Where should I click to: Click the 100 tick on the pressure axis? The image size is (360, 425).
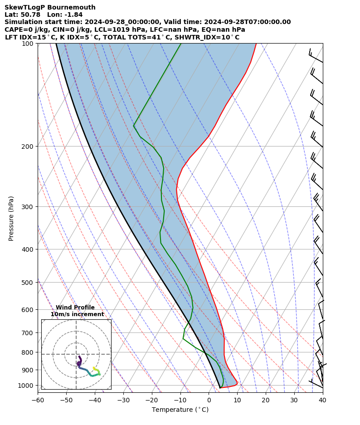coord(28,44)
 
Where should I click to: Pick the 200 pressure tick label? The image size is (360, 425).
coord(28,147)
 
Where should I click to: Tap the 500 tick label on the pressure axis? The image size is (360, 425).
coord(28,283)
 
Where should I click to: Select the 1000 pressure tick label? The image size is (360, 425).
coord(26,386)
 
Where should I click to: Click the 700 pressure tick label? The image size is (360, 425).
coord(28,333)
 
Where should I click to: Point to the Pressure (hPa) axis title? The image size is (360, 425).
coord(11,218)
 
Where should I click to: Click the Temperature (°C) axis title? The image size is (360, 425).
coord(180,410)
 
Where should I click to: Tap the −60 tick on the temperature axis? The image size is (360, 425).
coord(37,400)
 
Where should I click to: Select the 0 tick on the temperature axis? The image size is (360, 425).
coord(209,400)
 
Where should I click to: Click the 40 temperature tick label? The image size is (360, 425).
coord(322,400)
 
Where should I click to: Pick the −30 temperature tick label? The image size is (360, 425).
coord(123,400)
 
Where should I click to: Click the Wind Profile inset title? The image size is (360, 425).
coord(75,308)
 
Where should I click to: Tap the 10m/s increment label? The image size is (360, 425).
coord(77,314)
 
